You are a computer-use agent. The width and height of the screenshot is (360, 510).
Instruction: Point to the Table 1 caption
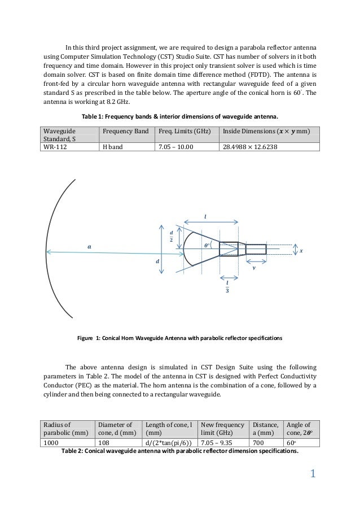(180, 116)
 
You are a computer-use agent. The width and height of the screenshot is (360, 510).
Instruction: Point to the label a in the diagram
(89, 247)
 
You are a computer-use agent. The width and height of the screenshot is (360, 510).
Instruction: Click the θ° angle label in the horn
(207, 246)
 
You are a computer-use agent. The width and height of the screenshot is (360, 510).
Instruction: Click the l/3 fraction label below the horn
(227, 286)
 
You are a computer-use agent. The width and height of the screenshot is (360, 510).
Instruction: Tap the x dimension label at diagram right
(301, 250)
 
